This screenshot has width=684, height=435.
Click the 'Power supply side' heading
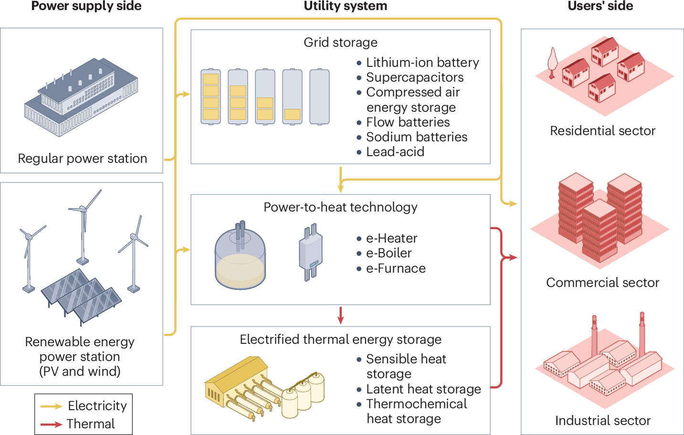[86, 6]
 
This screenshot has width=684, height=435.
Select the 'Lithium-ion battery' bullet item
[422, 63]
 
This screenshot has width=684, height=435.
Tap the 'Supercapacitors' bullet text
[414, 77]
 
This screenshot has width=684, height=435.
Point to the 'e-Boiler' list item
[388, 253]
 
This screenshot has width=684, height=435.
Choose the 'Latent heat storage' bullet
[423, 389]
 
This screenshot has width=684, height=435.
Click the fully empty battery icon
[319, 97]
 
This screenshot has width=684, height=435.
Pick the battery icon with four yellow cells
[210, 97]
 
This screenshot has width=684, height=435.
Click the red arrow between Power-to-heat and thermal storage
[340, 315]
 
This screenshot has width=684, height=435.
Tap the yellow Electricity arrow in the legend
[51, 406]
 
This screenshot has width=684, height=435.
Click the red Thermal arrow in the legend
[51, 424]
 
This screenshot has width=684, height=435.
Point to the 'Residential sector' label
[602, 131]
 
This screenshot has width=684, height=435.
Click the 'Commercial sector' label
[602, 283]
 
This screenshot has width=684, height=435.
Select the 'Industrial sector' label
[602, 421]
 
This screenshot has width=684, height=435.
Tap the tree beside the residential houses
[552, 62]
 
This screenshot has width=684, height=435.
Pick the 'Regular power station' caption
[82, 159]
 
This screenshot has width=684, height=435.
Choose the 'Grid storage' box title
[340, 42]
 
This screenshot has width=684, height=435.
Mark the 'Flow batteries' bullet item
[408, 122]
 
